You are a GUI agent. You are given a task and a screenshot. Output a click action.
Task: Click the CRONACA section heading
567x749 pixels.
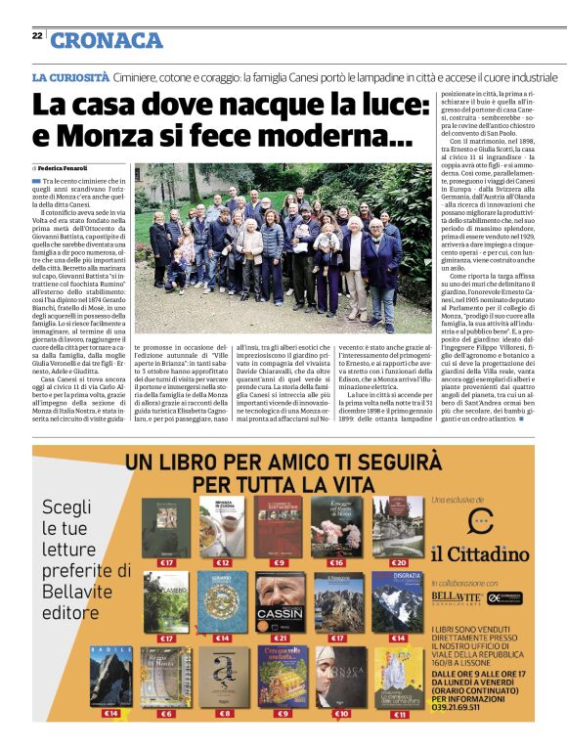107,39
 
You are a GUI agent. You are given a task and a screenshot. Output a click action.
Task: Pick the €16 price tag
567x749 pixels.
336,563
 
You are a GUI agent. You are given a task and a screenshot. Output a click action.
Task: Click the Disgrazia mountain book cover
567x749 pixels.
398,602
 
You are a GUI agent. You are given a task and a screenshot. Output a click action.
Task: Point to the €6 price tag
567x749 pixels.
165,714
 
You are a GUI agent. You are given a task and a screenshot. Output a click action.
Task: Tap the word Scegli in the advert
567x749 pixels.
66,507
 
